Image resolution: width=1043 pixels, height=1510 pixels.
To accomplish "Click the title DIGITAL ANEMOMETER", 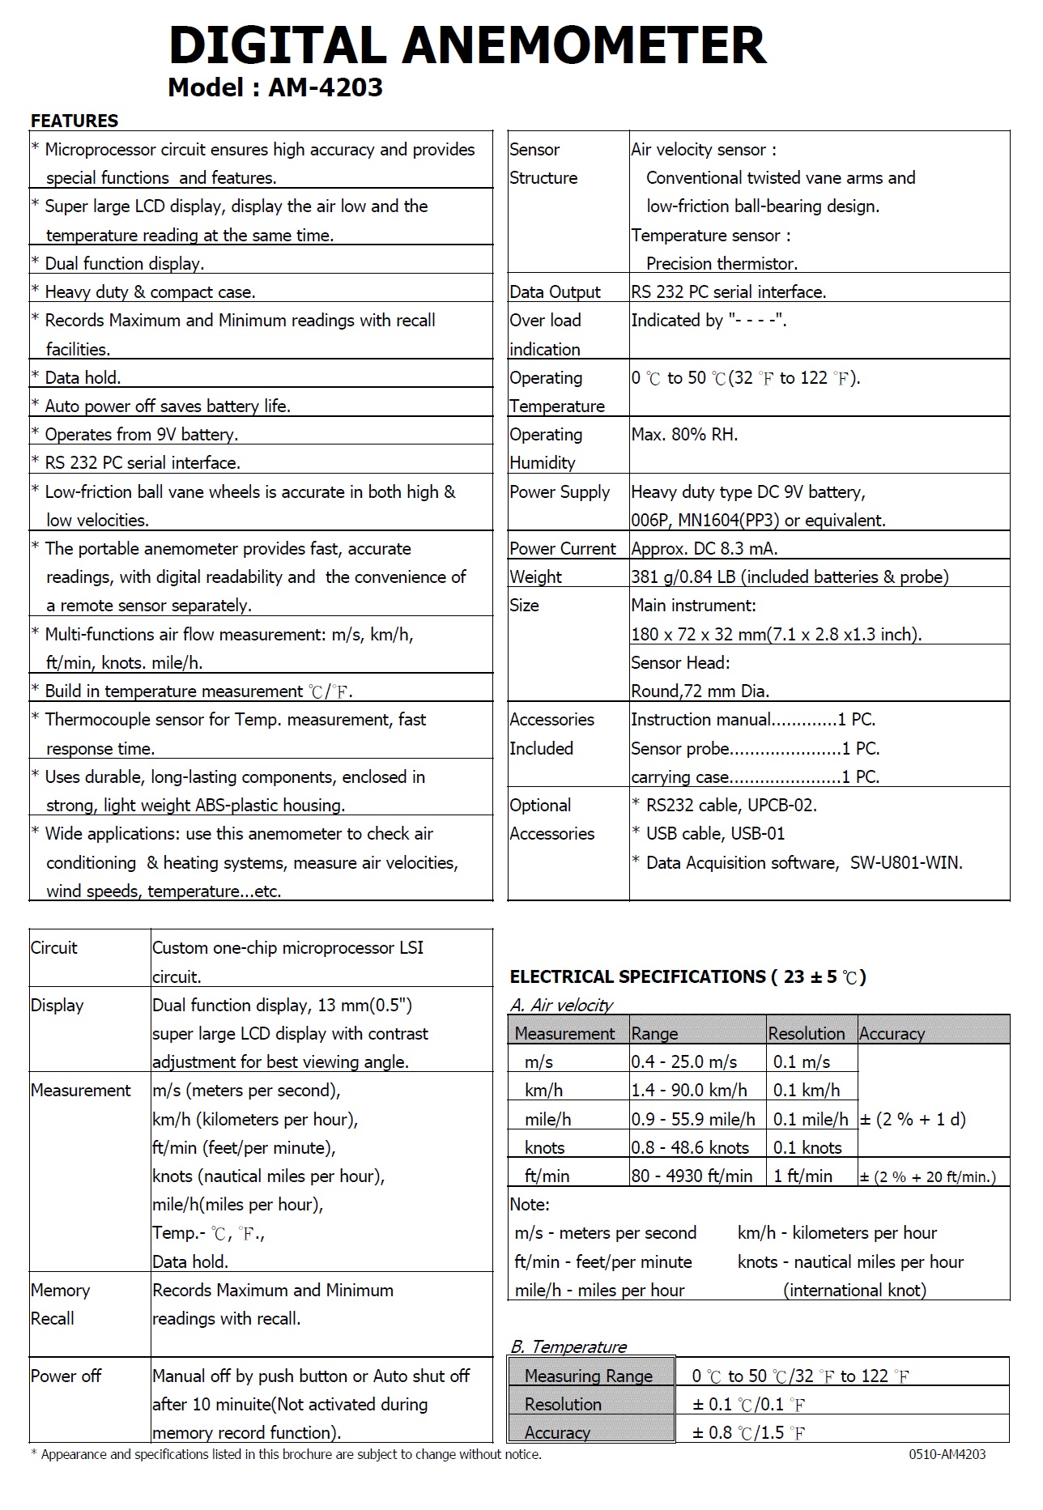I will [467, 45].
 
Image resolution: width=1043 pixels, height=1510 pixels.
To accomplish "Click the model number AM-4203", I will [326, 87].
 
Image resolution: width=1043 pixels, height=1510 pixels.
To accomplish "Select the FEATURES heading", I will [74, 121].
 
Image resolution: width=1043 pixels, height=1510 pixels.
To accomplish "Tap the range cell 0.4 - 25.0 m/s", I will [684, 1061].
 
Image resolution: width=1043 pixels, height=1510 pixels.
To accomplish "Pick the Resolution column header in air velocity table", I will [806, 1033].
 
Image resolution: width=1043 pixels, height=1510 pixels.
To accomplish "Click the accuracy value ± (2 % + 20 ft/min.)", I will [928, 1176].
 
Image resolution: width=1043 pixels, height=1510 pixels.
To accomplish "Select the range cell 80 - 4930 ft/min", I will [692, 1176].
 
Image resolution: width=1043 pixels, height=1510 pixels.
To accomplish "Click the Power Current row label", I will [563, 548].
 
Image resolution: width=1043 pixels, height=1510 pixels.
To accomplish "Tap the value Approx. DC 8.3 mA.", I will [705, 548].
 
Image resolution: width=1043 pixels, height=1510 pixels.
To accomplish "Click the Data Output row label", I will [555, 291].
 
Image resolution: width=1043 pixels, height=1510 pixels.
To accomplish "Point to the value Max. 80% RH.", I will [684, 434].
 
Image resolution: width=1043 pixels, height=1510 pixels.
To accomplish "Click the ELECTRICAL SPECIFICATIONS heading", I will [688, 976].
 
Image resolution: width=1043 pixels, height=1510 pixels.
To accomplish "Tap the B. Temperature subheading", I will [568, 1346].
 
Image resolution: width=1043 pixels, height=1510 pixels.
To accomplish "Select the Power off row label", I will [66, 1376].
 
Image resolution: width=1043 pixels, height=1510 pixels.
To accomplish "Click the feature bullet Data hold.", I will [83, 377].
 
